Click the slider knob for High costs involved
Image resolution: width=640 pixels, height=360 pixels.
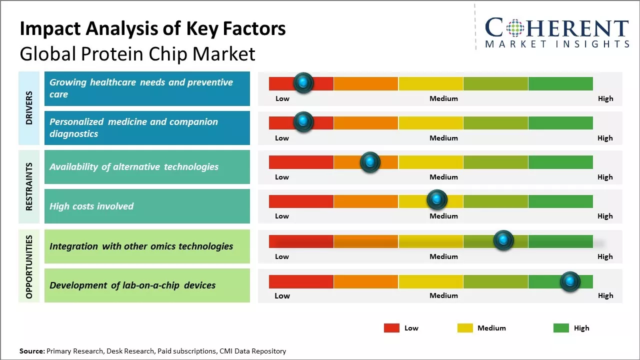(x=437, y=200)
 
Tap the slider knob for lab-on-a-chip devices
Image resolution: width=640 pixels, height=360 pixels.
(x=569, y=281)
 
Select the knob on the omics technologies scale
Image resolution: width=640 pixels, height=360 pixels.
(x=503, y=240)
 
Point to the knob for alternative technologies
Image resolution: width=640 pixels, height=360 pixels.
(x=370, y=162)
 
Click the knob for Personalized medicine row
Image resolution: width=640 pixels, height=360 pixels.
(x=303, y=122)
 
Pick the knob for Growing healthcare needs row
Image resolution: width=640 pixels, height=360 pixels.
(x=303, y=82)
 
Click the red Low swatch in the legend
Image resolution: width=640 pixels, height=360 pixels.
(x=391, y=328)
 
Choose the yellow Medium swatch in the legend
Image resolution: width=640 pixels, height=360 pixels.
(x=465, y=328)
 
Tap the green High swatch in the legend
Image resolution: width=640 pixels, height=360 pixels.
(x=561, y=328)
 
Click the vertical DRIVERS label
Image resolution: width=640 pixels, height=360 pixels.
(x=29, y=107)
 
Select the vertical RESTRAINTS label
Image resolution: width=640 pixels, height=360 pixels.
(x=29, y=186)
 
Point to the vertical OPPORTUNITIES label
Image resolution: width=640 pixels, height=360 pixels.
(x=29, y=266)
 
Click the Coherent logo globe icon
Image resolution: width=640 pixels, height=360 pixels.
(x=514, y=28)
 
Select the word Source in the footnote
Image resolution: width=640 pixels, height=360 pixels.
(x=31, y=351)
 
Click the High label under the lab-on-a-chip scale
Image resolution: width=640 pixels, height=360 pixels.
(x=605, y=295)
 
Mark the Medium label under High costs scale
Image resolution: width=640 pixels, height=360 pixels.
(x=443, y=216)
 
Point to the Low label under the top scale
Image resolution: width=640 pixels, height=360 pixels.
(x=282, y=98)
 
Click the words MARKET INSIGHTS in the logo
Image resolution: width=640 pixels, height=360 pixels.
(x=557, y=44)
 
